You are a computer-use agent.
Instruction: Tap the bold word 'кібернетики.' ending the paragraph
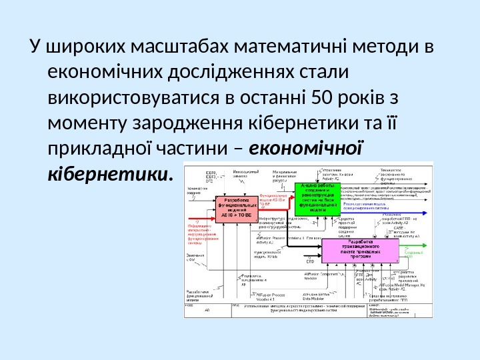coord(111,175)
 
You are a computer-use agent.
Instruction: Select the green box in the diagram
coord(313,198)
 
